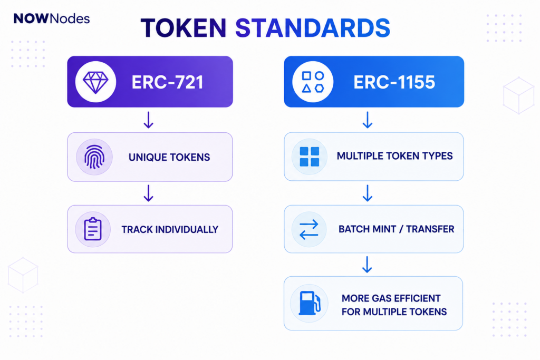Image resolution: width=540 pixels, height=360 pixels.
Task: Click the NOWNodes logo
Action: tap(52, 18)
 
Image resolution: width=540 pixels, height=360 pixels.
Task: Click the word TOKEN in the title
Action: tap(183, 28)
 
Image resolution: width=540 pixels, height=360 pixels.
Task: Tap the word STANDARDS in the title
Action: tap(312, 28)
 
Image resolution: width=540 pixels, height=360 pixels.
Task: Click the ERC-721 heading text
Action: tap(167, 82)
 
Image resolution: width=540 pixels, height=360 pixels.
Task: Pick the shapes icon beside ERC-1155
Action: tap(313, 82)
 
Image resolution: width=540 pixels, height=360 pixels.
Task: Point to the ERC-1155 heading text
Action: tap(394, 82)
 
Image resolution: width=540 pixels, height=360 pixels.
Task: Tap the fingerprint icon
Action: tap(94, 157)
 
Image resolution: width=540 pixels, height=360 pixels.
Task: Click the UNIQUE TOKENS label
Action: tap(169, 157)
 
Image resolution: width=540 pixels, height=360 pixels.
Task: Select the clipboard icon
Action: tap(93, 229)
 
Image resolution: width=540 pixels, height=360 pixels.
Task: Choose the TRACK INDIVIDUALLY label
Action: tap(170, 230)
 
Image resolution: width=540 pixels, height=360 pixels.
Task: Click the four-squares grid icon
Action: tap(309, 157)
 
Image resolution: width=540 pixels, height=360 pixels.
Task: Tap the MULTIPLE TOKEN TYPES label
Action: tap(394, 156)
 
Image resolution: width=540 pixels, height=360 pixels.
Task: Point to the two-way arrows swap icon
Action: tap(309, 230)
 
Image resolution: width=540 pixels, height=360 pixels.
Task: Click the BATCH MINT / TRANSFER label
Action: tap(397, 229)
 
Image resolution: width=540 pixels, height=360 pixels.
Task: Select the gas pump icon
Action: tap(310, 303)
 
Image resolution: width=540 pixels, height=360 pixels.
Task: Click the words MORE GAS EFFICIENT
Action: tap(391, 298)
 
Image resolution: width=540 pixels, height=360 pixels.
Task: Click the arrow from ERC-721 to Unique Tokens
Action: tap(148, 120)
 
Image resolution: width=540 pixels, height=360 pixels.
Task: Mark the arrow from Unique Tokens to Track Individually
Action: tap(148, 193)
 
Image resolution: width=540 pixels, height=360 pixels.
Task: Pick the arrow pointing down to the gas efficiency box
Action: tap(367, 264)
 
